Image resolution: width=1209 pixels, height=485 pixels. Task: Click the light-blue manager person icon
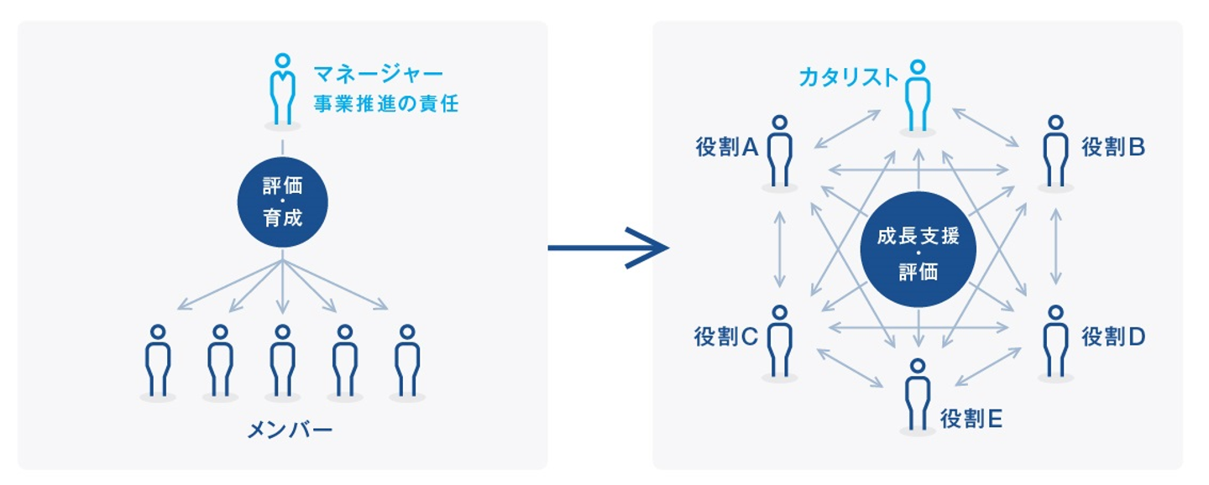283,90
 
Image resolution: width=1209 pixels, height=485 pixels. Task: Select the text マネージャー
377,74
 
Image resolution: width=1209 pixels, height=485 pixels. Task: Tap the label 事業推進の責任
386,105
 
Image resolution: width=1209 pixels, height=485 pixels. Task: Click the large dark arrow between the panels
608,248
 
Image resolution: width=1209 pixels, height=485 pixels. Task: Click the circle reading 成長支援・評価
919,249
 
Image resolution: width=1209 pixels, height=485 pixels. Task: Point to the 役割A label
727,148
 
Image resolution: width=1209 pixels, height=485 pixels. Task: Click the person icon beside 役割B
1055,151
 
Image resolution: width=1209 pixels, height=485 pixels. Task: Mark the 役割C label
726,336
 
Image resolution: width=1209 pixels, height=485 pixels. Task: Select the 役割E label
971,418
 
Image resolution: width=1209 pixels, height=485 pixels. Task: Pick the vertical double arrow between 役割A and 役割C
781,248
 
